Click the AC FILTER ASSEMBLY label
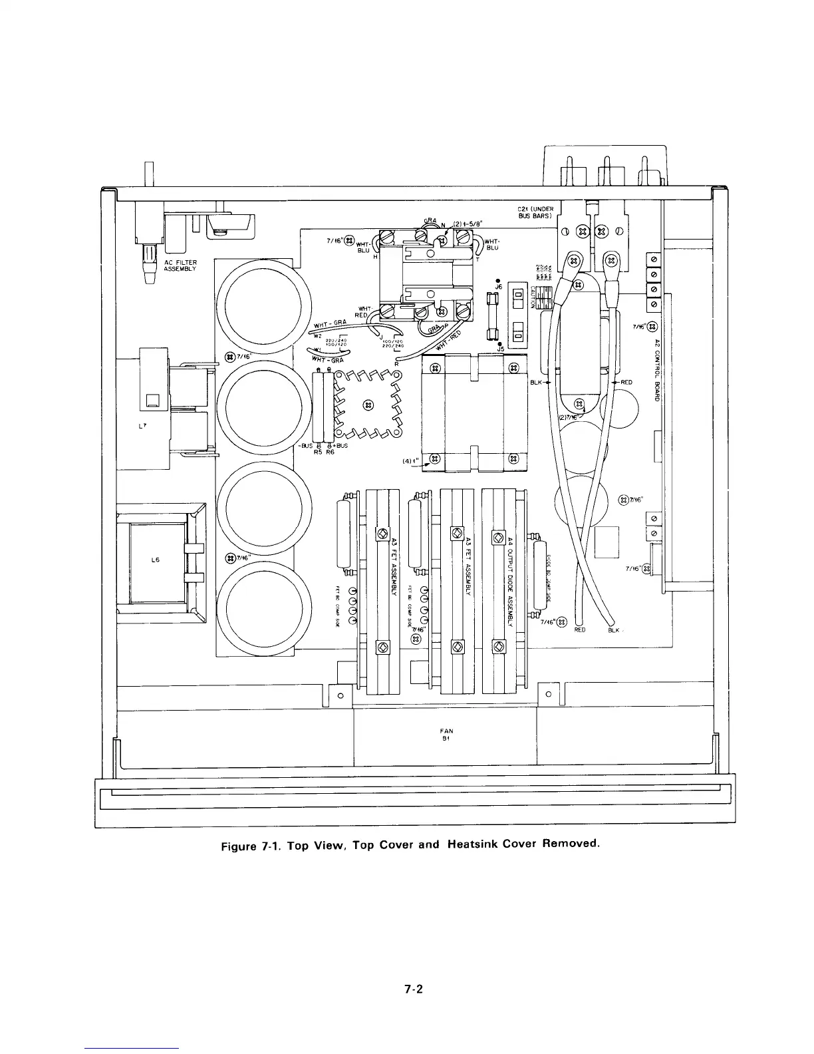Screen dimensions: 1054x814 point(180,265)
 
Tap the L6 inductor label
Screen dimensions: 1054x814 point(155,560)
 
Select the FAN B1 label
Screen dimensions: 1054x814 point(446,735)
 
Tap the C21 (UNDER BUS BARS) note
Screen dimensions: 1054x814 point(536,213)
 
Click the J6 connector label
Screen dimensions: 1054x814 point(498,287)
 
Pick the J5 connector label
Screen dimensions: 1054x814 point(499,347)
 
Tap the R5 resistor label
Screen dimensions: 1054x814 point(318,452)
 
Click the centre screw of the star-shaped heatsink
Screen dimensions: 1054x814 point(366,405)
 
